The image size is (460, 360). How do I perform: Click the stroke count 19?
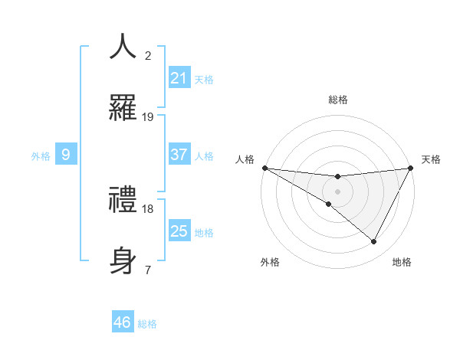[148, 117]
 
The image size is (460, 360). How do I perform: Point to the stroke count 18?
[148, 208]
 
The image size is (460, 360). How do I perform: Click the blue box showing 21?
[179, 78]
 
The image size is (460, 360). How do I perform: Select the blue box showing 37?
[179, 155]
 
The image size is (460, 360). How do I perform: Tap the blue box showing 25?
[179, 231]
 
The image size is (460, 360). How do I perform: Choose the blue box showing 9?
[66, 155]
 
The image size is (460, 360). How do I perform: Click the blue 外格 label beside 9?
[41, 155]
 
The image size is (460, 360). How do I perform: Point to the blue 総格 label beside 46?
[147, 323]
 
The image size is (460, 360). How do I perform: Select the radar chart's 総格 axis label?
[337, 100]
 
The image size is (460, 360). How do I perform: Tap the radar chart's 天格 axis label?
[431, 159]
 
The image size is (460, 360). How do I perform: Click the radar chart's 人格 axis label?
[245, 159]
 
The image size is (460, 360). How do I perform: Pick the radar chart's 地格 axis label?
[402, 262]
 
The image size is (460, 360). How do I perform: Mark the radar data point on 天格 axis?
[412, 168]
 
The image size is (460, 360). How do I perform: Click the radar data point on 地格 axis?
[374, 242]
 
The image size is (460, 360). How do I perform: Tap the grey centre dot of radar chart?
[337, 191]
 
